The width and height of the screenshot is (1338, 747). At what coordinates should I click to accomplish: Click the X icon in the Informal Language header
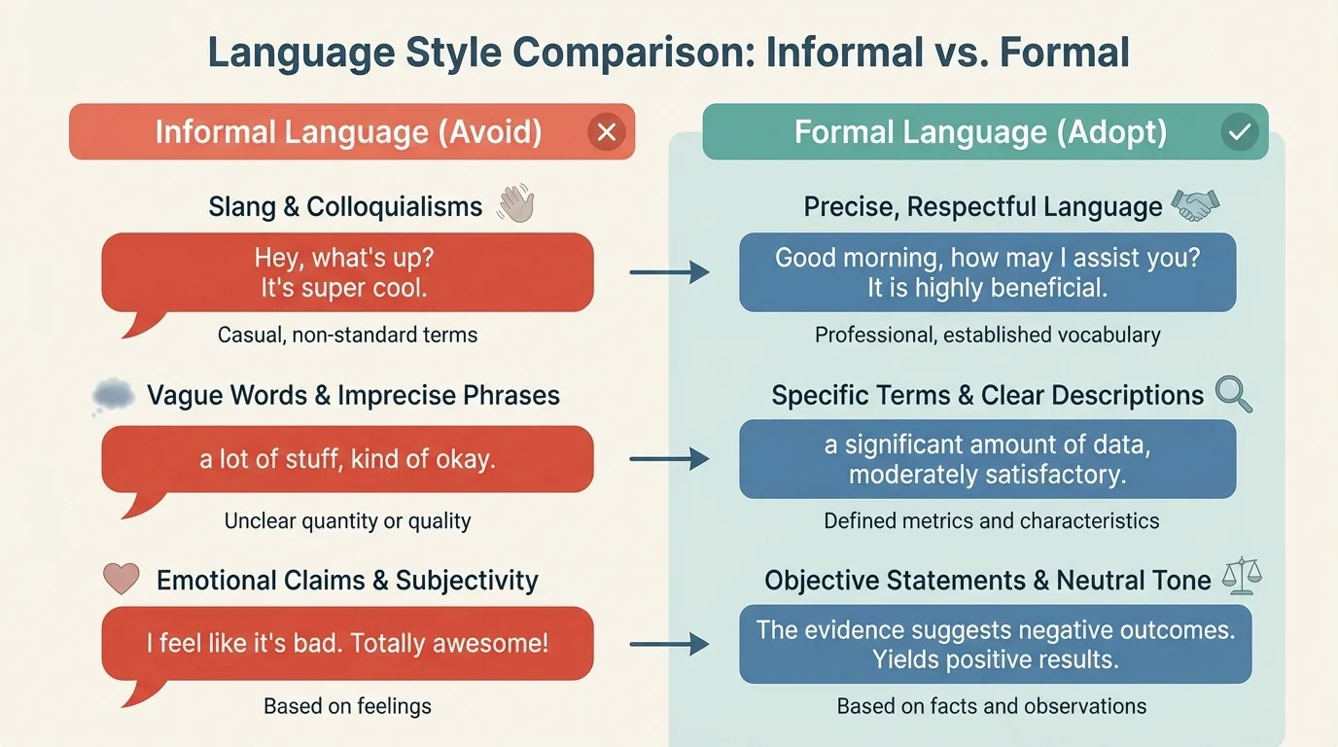click(607, 132)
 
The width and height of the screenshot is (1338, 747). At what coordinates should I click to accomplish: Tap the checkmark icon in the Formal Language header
click(1240, 132)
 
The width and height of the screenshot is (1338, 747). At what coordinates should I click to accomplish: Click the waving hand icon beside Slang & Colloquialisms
click(515, 205)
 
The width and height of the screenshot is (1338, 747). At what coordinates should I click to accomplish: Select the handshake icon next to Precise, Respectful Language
click(1195, 204)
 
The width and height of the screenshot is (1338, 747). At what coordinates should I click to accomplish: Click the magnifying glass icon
click(1233, 394)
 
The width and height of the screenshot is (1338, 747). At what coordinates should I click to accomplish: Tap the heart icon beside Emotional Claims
click(122, 579)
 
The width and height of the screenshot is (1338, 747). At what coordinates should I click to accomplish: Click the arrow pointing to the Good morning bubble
click(670, 272)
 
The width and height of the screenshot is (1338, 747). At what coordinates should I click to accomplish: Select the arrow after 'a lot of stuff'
click(670, 458)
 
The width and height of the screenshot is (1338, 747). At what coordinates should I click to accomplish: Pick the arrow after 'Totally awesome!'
click(670, 643)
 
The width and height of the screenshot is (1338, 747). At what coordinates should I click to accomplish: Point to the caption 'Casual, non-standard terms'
click(347, 336)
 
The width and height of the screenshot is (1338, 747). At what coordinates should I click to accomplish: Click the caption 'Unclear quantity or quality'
click(347, 520)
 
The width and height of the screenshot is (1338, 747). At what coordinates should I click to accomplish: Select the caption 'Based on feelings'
click(347, 706)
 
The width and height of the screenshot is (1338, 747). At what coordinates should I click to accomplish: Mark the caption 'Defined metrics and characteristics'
click(991, 520)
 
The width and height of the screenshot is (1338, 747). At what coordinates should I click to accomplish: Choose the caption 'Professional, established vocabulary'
click(987, 336)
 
